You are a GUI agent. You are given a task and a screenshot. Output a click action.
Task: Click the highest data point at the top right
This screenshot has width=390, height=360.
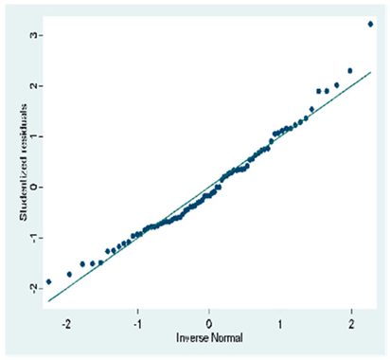[x=370, y=24]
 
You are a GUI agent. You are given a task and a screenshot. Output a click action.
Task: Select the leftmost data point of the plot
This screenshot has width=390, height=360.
[x=48, y=281]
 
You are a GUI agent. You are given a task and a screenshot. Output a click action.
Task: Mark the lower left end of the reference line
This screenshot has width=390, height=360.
[x=48, y=300]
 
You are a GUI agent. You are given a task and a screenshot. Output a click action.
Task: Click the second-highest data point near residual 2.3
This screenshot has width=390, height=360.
[x=350, y=71]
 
